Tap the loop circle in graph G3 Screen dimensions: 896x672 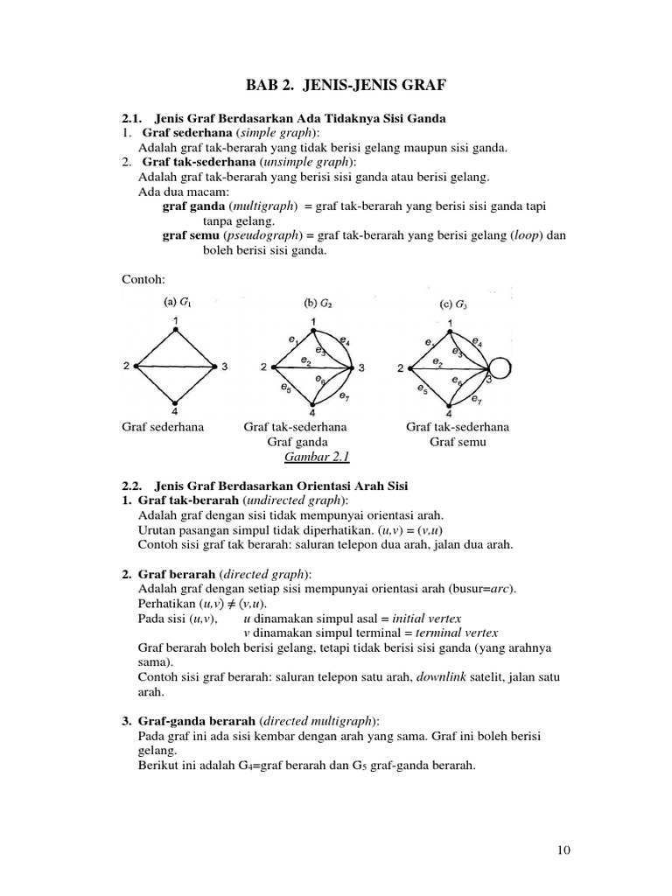click(x=505, y=367)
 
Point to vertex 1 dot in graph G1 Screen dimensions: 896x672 click(x=175, y=330)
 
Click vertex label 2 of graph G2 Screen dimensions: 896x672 click(x=263, y=367)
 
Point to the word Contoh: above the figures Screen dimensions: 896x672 click(x=143, y=279)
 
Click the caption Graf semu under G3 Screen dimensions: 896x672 click(x=457, y=442)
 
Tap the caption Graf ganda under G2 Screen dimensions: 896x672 click(x=295, y=442)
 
